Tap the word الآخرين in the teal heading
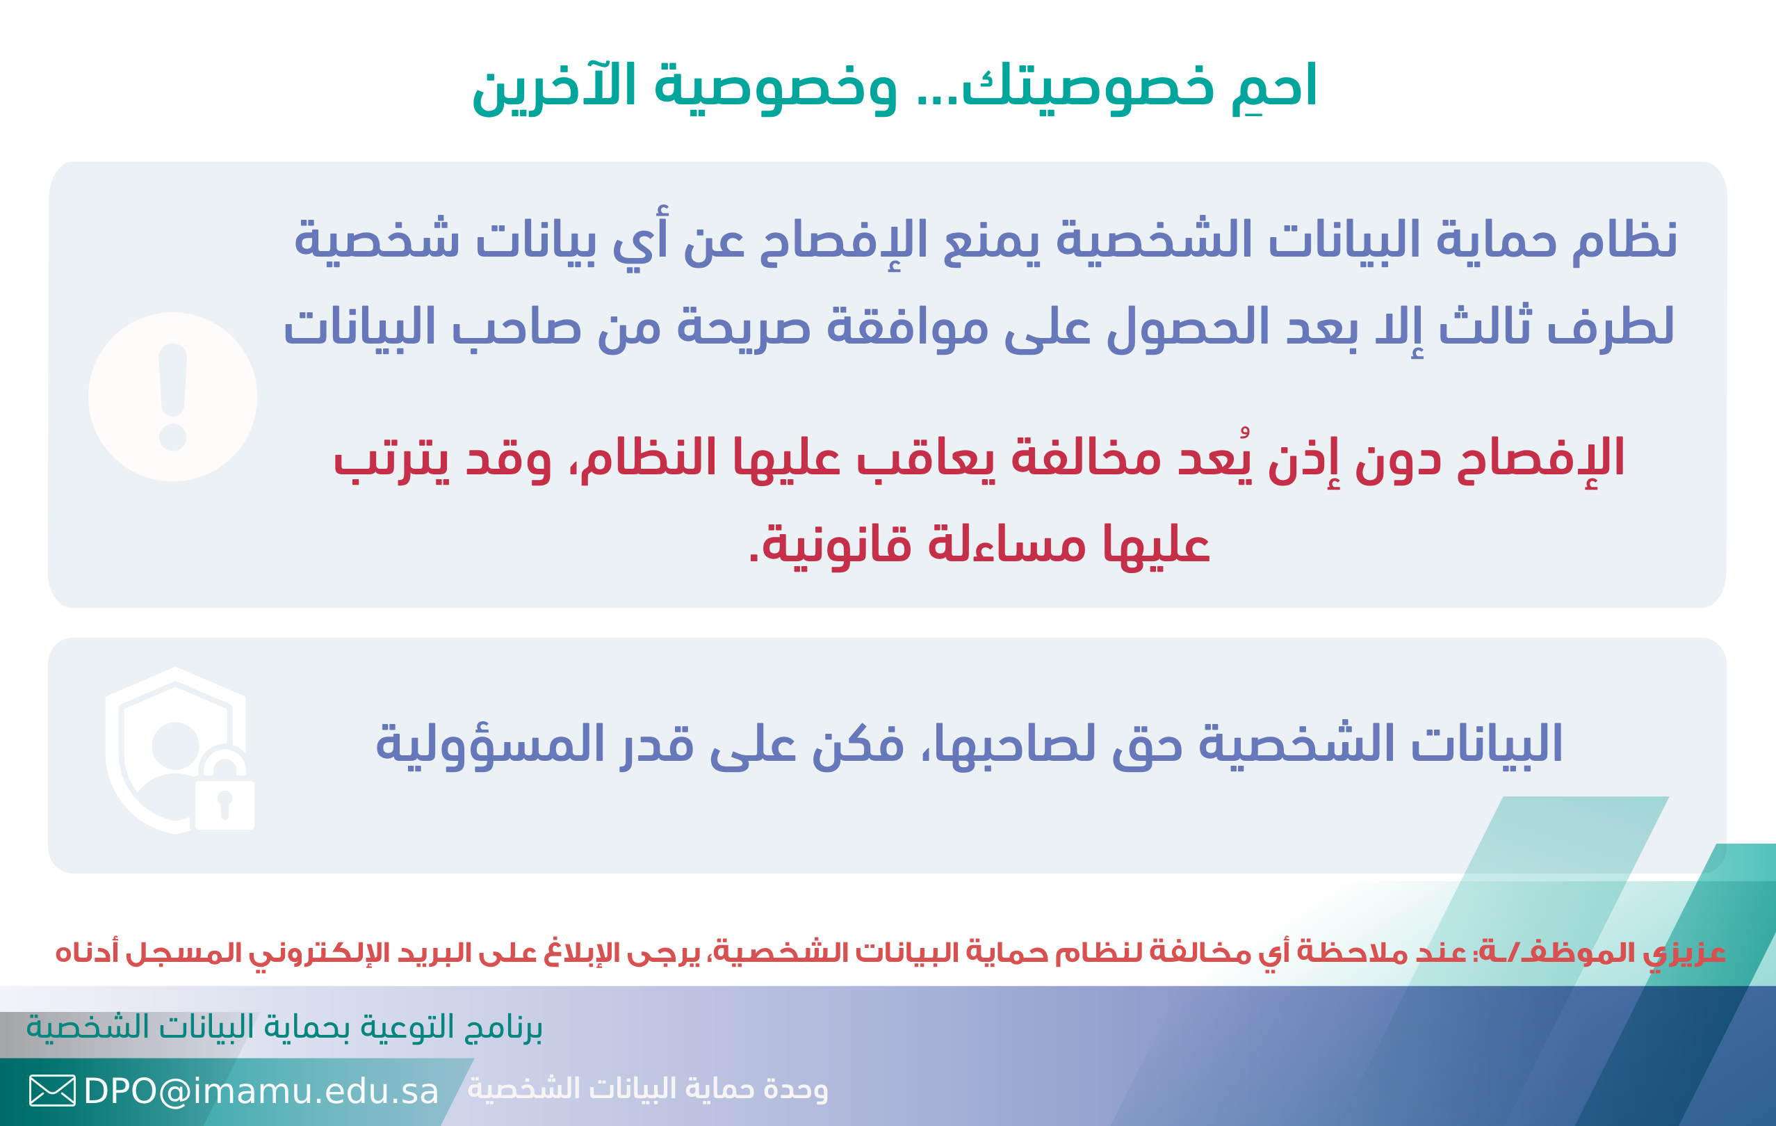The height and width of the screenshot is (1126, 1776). [553, 87]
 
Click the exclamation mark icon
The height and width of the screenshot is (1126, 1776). [172, 397]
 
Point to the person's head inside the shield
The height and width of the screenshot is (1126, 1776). [176, 746]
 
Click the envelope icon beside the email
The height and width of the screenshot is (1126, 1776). [52, 1091]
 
